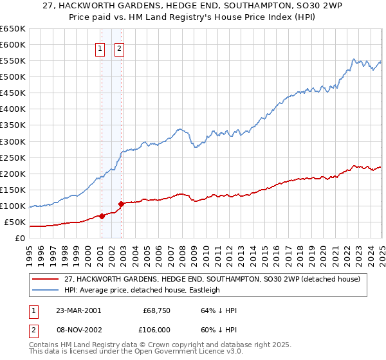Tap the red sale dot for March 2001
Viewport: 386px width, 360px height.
pos(102,216)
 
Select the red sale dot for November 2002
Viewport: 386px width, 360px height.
pos(121,204)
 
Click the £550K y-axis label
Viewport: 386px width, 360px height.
pos(13,60)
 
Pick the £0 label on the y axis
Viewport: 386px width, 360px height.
pos(20,239)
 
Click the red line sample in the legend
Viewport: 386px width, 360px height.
pos(45,279)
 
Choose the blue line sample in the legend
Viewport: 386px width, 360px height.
pos(45,290)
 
